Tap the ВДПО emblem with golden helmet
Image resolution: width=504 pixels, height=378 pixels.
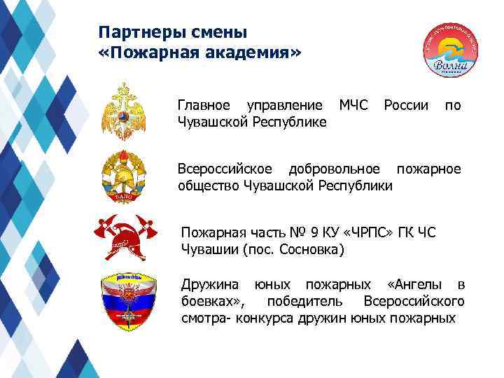[124, 174]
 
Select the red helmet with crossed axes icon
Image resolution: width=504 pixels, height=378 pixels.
[123, 237]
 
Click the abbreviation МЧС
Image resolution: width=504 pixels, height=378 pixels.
[353, 106]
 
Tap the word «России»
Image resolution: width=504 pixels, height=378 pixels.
[406, 106]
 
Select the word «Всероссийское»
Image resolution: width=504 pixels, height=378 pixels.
[224, 169]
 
